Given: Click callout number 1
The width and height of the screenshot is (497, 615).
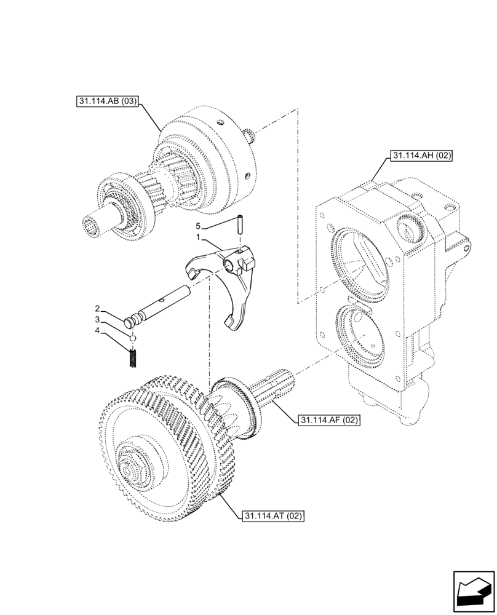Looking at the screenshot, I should click(x=199, y=237).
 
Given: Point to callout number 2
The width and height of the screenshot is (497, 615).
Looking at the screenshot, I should click(x=98, y=308).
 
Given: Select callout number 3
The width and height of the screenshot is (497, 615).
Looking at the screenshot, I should click(x=98, y=320).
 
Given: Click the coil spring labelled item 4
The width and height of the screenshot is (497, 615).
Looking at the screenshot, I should click(x=132, y=357).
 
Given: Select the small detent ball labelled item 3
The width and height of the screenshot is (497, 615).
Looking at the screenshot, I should click(x=132, y=337).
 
